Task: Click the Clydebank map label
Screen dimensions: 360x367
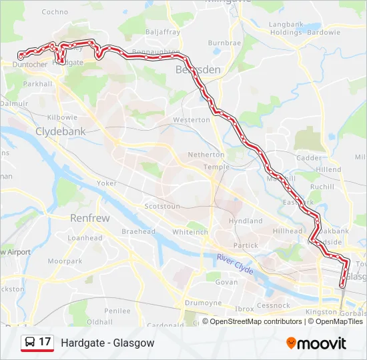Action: (x=61, y=131)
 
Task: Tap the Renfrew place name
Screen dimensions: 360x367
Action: (x=90, y=217)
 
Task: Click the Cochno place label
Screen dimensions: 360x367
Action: (x=55, y=12)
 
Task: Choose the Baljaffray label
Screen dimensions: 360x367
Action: (x=162, y=31)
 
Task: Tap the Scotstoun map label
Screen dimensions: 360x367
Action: (x=162, y=207)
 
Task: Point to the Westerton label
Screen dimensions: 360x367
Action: (x=192, y=120)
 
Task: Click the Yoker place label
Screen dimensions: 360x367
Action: (x=107, y=183)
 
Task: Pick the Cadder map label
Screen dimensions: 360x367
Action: (x=308, y=158)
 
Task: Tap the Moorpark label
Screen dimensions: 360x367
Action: (x=64, y=261)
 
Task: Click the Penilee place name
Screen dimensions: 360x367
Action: (x=117, y=311)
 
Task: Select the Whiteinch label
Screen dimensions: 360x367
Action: (x=191, y=232)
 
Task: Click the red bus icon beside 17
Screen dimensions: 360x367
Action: (x=30, y=343)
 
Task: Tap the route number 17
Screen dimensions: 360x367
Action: (x=45, y=343)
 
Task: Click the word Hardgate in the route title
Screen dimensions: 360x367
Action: (x=81, y=343)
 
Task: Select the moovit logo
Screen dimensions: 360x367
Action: (x=316, y=343)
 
